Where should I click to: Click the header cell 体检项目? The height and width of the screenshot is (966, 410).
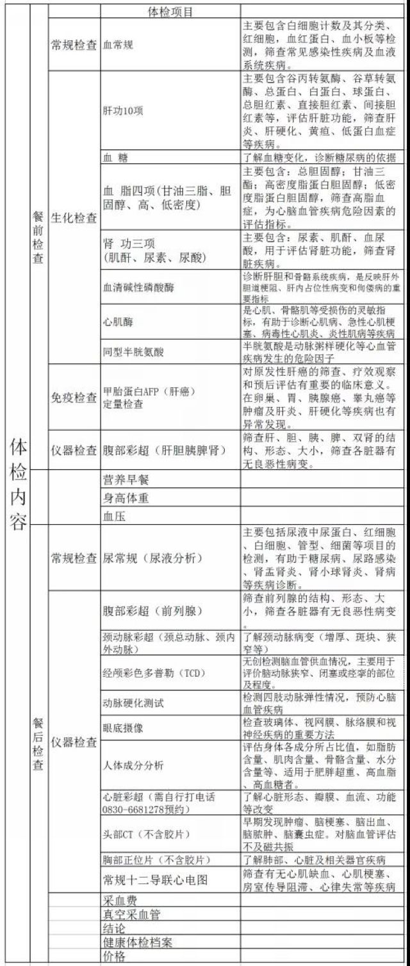(170, 12)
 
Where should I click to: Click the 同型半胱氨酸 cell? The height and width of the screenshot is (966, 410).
(133, 351)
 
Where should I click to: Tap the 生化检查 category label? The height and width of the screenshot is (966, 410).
(74, 218)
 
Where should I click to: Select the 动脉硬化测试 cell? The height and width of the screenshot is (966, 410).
(133, 703)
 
